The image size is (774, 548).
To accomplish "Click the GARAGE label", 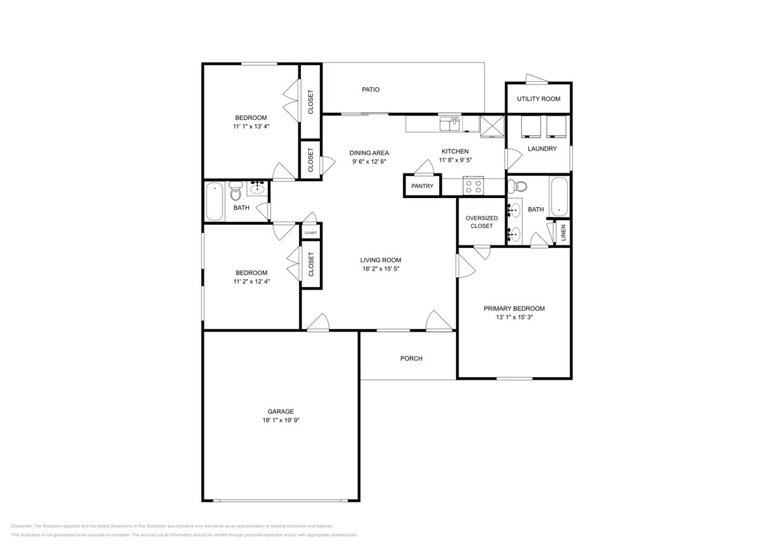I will (x=281, y=412).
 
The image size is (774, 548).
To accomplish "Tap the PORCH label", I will (x=411, y=358).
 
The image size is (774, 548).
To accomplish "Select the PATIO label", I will (x=370, y=90).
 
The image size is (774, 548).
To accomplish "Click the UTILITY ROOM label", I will (x=538, y=99).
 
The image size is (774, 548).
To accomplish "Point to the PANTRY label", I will (x=422, y=186).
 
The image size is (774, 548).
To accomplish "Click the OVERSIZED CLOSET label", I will (x=481, y=222).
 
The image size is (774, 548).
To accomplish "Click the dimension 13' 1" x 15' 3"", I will (x=514, y=318).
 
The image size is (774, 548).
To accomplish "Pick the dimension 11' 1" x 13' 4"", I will (x=251, y=127).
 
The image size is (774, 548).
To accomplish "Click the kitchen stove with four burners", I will (x=474, y=186).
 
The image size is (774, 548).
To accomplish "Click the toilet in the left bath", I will (x=236, y=193).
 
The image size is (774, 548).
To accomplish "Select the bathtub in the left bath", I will (x=215, y=202).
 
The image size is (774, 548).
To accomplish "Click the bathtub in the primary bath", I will (x=559, y=197).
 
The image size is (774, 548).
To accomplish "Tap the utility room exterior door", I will (x=536, y=79).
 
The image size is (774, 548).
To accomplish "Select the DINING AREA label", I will (x=369, y=153).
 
